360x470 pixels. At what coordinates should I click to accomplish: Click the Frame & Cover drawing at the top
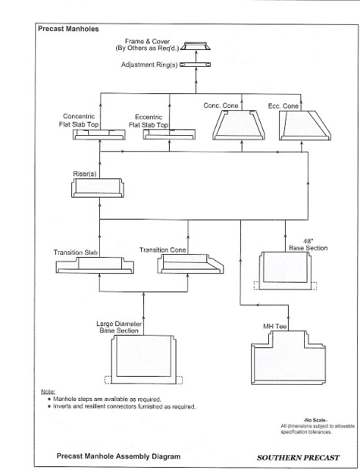(x=195, y=46)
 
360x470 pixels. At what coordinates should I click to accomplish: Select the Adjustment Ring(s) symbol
(x=195, y=65)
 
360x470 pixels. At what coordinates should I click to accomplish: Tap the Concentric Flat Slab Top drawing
(x=99, y=134)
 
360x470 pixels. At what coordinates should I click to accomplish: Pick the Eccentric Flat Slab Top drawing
(x=169, y=134)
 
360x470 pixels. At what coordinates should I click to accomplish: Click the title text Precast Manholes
(x=68, y=29)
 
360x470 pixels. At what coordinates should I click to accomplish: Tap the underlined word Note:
(x=48, y=391)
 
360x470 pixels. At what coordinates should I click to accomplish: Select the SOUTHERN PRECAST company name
(x=298, y=458)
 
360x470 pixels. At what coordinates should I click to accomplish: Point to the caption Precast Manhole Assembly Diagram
(x=118, y=457)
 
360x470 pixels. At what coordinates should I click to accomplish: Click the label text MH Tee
(x=275, y=326)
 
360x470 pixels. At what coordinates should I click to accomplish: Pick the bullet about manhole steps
(x=104, y=399)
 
